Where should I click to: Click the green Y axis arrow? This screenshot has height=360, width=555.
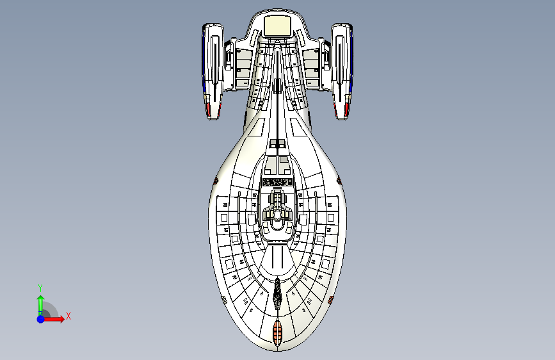coord(40,304)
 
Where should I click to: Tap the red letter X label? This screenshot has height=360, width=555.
coord(68,316)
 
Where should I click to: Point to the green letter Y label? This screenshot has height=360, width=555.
coord(40,288)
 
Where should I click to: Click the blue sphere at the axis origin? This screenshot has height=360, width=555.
coord(40,318)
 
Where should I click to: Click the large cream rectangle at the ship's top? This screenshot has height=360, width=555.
coord(278,26)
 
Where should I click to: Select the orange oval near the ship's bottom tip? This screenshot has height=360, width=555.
coord(277,331)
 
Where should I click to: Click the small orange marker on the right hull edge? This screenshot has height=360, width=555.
coord(330,299)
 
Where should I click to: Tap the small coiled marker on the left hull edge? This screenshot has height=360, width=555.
coord(224,299)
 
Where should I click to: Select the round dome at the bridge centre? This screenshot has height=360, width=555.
coord(277,216)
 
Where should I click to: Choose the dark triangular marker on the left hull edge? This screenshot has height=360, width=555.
coord(216,182)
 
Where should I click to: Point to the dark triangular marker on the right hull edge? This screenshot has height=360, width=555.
coord(339,182)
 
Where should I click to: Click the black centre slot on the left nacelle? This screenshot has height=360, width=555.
coord(214,61)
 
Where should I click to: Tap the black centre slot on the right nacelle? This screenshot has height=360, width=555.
coord(341,61)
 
